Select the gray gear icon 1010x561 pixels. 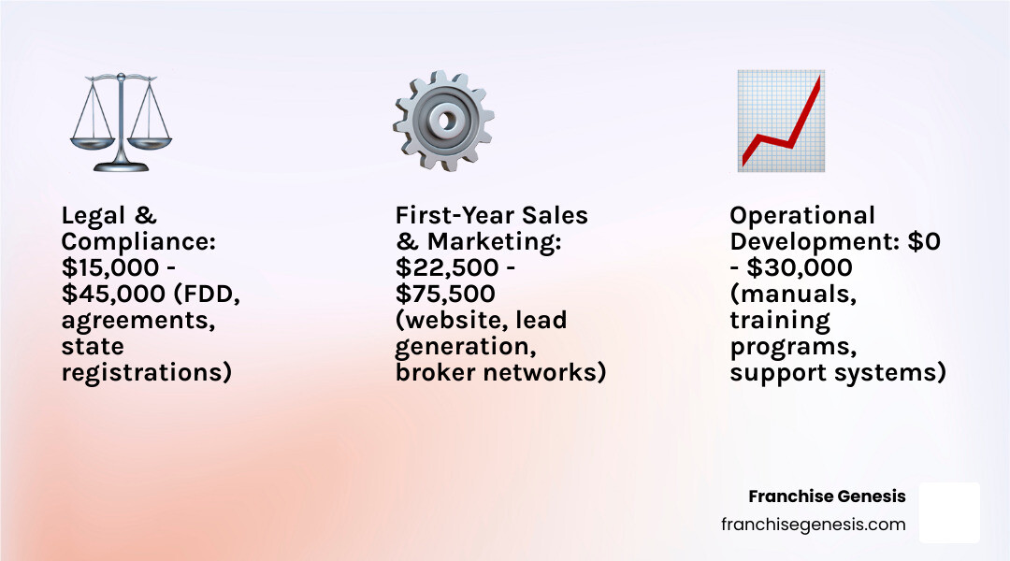(x=443, y=121)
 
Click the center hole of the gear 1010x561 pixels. (x=444, y=121)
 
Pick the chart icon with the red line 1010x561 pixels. (x=781, y=121)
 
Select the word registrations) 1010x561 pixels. (x=147, y=373)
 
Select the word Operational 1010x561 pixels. (x=802, y=216)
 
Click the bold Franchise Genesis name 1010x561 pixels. (x=827, y=496)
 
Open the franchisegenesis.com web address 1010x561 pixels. (x=814, y=524)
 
